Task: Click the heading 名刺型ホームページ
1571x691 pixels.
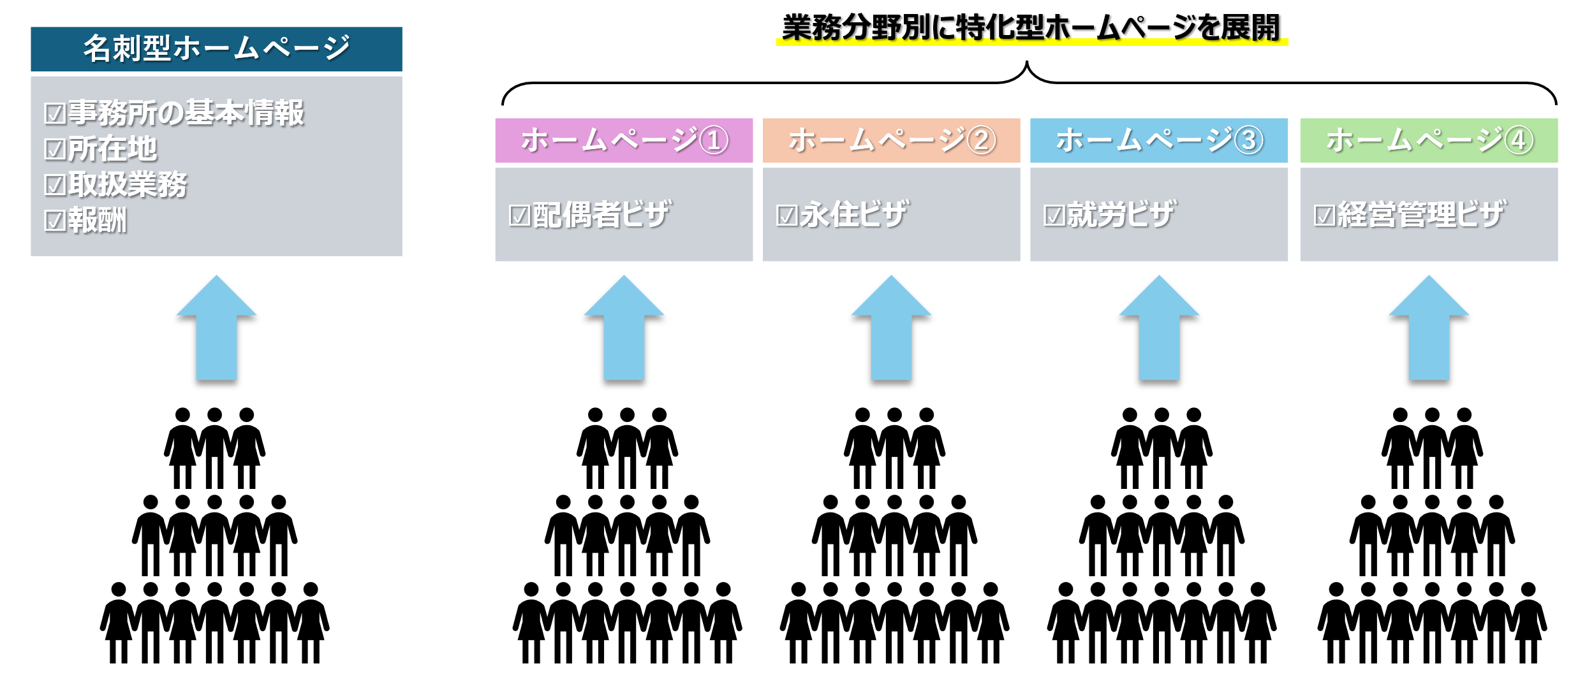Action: [216, 48]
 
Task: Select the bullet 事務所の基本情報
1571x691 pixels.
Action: [186, 113]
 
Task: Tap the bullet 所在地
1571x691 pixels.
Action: [112, 149]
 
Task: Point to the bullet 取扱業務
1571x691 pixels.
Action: [128, 184]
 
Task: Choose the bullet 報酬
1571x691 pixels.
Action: [98, 220]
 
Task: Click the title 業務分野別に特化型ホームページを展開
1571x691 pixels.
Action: [1031, 28]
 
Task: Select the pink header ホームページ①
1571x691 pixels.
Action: [624, 140]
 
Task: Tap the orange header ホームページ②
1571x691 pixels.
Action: [891, 140]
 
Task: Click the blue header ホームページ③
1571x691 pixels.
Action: [1158, 140]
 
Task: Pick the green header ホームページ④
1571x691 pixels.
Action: [1429, 140]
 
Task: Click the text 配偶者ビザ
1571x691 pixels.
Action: [601, 215]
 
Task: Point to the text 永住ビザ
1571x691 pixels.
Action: [853, 215]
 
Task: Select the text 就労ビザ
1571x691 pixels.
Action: [1121, 215]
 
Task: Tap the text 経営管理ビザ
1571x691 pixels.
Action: [1421, 215]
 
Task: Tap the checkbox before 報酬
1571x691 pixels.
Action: [55, 221]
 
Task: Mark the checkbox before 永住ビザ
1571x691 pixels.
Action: [786, 215]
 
